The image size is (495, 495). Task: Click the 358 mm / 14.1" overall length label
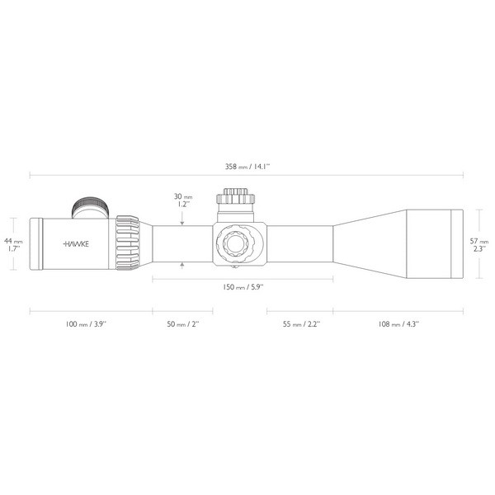tap(247, 166)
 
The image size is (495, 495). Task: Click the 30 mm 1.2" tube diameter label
tap(182, 201)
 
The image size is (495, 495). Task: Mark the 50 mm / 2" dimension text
tap(181, 324)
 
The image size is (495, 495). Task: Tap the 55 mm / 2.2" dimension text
tap(295, 324)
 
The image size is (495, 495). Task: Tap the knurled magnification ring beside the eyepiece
tap(128, 243)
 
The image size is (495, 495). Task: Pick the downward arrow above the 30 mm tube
tap(182, 219)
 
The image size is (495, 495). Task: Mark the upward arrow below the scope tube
tap(182, 265)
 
